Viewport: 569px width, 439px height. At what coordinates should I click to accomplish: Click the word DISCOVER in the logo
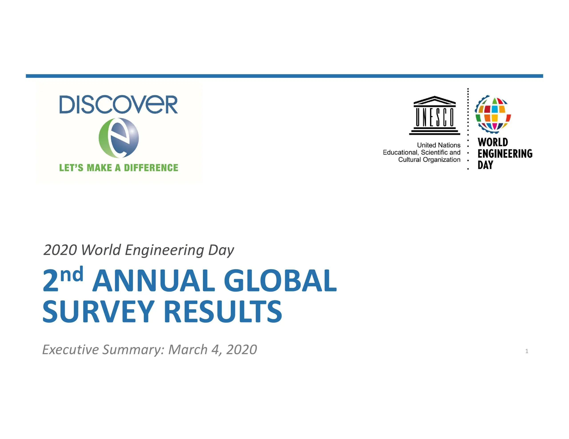click(x=118, y=104)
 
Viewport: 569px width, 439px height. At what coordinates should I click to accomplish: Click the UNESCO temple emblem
click(x=435, y=115)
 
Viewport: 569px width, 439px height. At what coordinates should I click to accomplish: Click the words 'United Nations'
click(x=439, y=145)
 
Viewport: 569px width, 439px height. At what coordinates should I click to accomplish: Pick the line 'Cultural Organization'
click(x=429, y=160)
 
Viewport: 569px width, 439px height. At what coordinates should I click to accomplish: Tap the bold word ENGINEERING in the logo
click(x=505, y=154)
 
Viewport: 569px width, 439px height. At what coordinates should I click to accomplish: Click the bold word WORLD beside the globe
click(x=493, y=142)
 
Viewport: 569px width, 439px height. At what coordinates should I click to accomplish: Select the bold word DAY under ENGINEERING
click(x=485, y=165)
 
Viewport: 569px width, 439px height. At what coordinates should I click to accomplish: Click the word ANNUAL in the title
click(x=154, y=281)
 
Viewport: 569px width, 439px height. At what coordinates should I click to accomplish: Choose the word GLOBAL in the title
click(x=280, y=281)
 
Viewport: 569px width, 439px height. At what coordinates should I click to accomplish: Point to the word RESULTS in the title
click(x=223, y=311)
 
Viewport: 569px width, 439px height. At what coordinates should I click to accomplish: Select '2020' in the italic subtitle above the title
click(x=60, y=250)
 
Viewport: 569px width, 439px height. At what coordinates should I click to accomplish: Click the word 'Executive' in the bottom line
click(x=71, y=350)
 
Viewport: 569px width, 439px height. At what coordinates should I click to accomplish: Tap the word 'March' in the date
click(x=188, y=350)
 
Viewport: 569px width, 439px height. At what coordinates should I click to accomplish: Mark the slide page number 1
click(x=527, y=351)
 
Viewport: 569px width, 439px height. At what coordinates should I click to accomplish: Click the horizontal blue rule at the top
click(x=284, y=76)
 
